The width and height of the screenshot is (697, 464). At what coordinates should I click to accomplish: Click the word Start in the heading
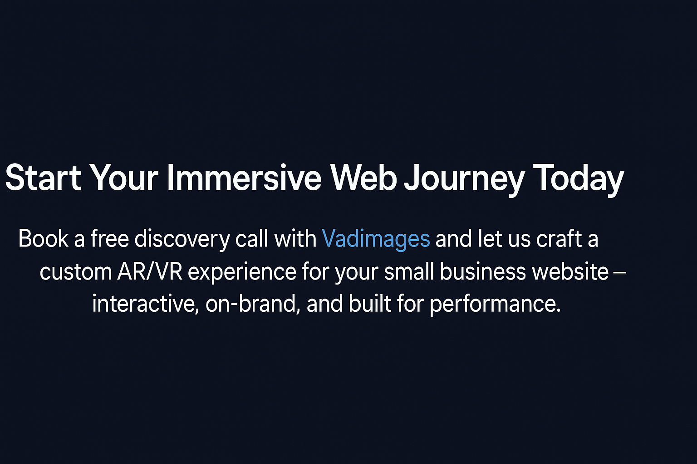click(x=43, y=178)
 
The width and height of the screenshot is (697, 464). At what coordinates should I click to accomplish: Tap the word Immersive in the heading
click(x=244, y=178)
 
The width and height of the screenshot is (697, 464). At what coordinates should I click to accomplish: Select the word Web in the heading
click(x=363, y=178)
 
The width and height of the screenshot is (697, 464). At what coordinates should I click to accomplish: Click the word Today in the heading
click(x=579, y=179)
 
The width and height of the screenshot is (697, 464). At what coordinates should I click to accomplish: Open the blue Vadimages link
click(x=376, y=240)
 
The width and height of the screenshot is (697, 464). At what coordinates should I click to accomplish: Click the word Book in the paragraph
click(x=43, y=238)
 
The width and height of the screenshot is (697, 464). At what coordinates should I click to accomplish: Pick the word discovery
click(x=182, y=240)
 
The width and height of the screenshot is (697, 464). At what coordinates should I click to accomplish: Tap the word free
click(x=109, y=238)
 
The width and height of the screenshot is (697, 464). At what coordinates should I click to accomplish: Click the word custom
click(x=76, y=272)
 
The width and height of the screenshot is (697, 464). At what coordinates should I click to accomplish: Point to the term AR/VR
click(x=150, y=271)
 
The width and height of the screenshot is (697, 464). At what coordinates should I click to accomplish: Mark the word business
click(x=483, y=271)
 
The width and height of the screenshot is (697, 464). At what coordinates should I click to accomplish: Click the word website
click(x=570, y=271)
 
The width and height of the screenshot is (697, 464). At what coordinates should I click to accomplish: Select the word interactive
click(x=146, y=304)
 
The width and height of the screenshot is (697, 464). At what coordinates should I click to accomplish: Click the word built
click(x=370, y=303)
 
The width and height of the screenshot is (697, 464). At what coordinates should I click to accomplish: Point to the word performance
click(x=495, y=305)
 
